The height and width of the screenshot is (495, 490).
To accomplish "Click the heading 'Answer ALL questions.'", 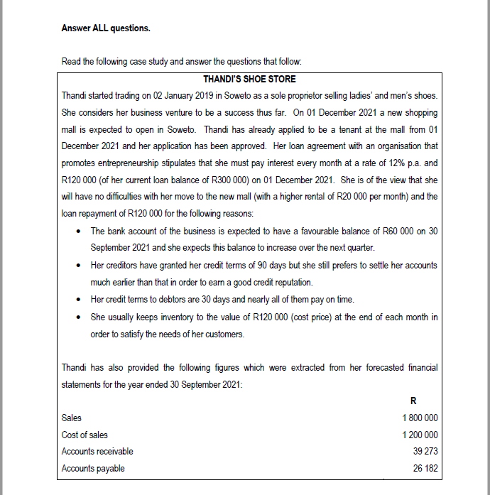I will (x=106, y=28).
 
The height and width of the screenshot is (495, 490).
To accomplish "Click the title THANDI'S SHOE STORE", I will (x=249, y=79).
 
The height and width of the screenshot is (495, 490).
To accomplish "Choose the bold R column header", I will (x=423, y=401).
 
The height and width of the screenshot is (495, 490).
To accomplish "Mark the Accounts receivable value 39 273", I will (x=425, y=452).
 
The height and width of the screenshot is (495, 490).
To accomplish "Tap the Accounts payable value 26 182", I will (x=425, y=469).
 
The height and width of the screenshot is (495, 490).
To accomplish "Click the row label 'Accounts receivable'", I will (x=97, y=452).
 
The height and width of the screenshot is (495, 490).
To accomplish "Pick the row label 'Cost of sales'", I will (x=85, y=435).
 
